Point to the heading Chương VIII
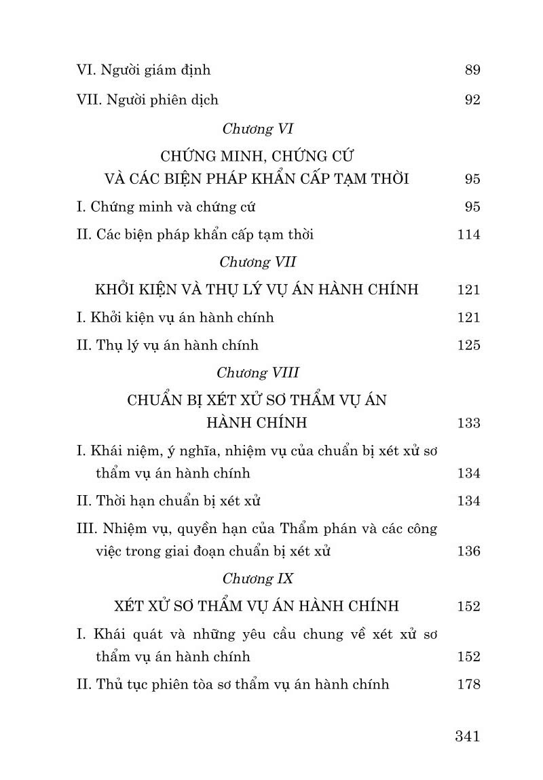point(257,372)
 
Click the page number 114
point(469,235)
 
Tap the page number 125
point(469,345)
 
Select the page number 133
point(469,423)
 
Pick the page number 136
point(469,551)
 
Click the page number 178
point(469,684)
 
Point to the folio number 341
point(468,736)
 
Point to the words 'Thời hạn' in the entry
point(119,501)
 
